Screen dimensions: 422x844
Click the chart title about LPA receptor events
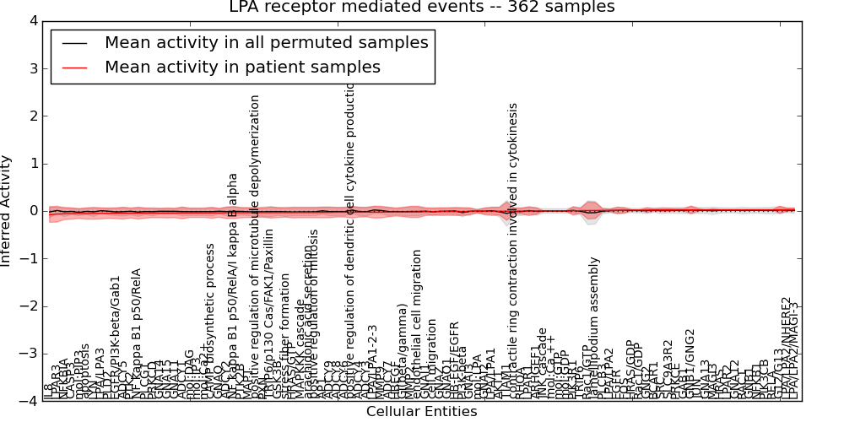pyautogui.click(x=422, y=8)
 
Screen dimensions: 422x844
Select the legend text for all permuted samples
pyautogui.click(x=266, y=42)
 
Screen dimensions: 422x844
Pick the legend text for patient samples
pyautogui.click(x=242, y=67)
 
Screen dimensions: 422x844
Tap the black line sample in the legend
pyautogui.click(x=74, y=42)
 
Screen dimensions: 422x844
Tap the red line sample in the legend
pyautogui.click(x=74, y=67)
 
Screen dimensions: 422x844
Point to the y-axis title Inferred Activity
pyautogui.click(x=7, y=211)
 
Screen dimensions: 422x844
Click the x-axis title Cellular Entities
pyautogui.click(x=421, y=412)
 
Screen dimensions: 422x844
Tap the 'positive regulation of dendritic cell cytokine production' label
pyautogui.click(x=351, y=236)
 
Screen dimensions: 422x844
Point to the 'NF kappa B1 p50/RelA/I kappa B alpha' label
pyautogui.click(x=234, y=287)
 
